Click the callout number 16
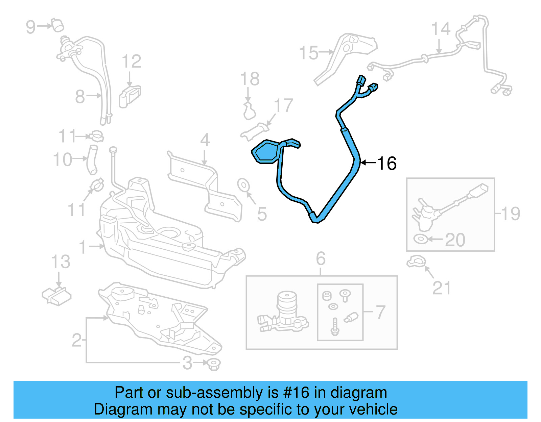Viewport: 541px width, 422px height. coord(386,164)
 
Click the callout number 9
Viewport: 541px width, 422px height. coord(31,27)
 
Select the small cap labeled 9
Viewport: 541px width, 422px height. coord(58,25)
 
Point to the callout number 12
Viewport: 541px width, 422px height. coord(131,62)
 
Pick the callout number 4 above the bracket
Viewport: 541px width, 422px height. coord(205,140)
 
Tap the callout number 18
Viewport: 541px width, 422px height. coord(250,79)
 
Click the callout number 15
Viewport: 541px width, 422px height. coord(309,53)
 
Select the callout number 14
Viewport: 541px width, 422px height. coord(441,29)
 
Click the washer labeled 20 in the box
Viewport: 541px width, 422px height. coord(420,239)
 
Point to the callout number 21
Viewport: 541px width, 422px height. coord(442,288)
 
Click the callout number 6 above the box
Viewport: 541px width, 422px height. coord(321,259)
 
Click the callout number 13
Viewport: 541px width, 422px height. coord(61,262)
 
